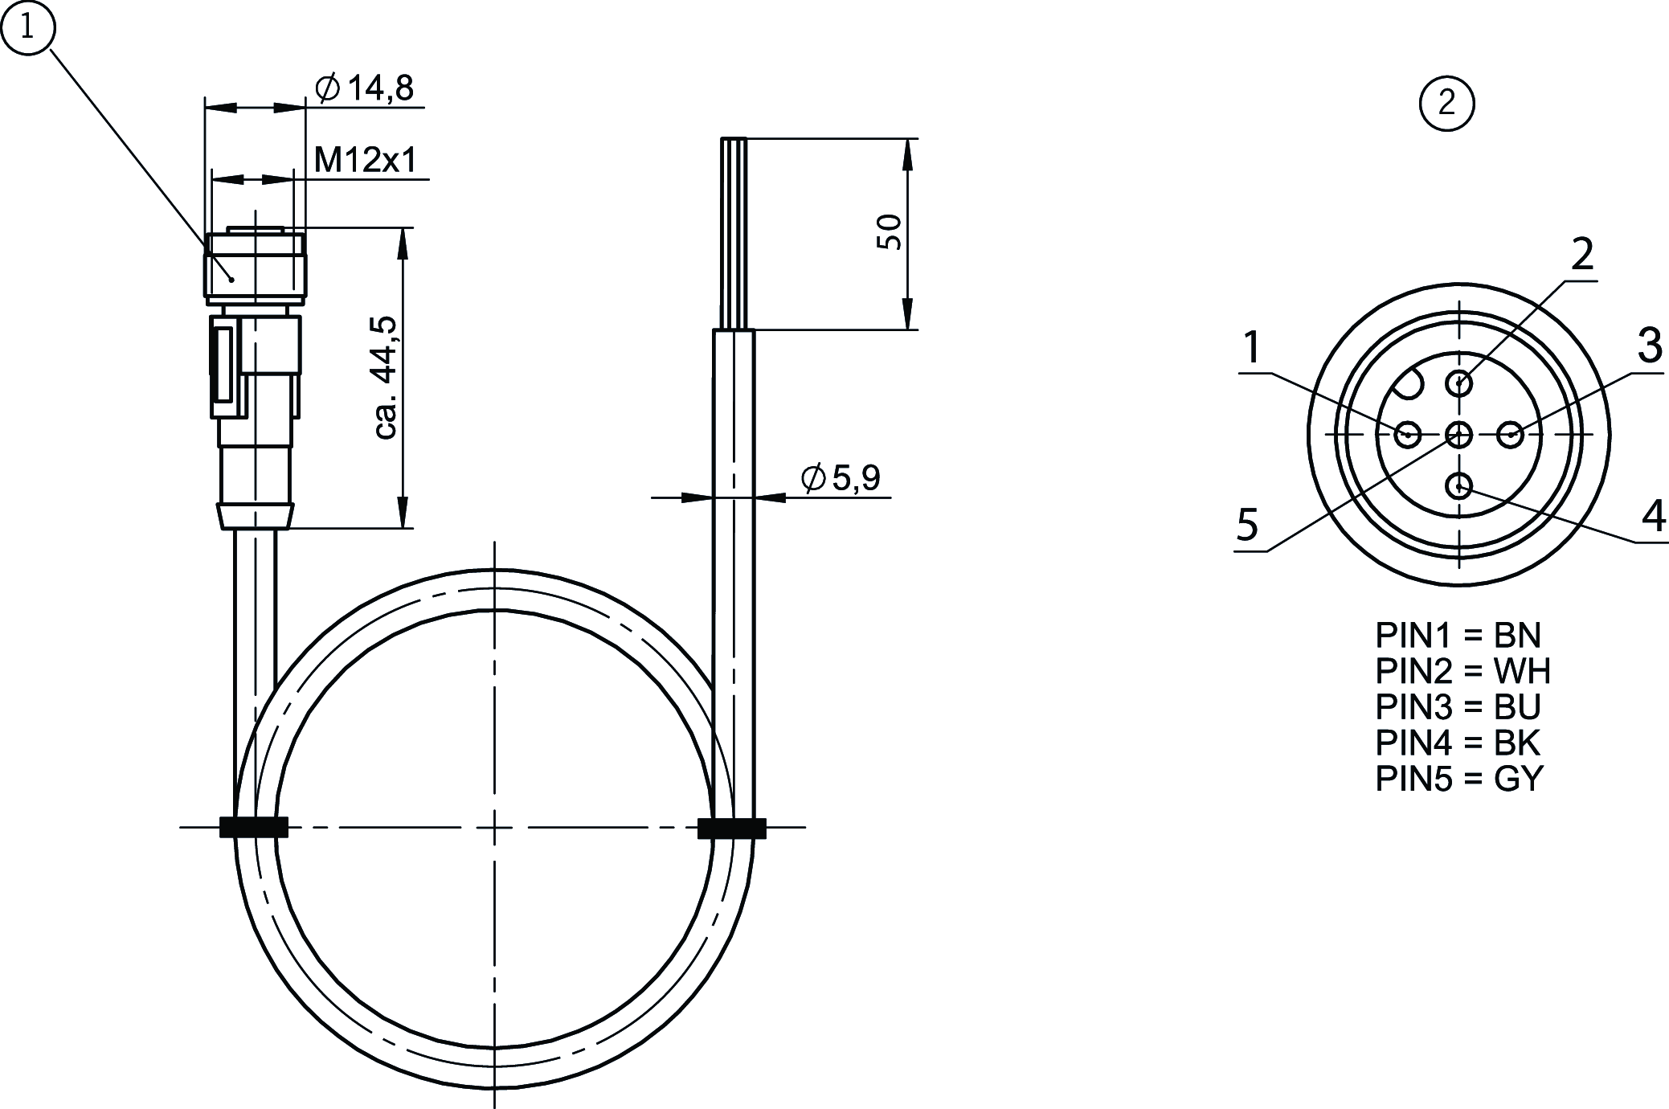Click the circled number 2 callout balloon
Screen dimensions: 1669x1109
tap(1447, 103)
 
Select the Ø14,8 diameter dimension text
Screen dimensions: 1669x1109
tap(365, 88)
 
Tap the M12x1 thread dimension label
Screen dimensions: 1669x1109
tap(366, 160)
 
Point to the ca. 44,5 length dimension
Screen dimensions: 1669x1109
tap(387, 378)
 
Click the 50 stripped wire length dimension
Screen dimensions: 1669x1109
tap(890, 233)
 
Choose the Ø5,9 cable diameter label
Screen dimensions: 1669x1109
tap(841, 478)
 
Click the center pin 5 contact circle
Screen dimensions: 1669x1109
tap(1458, 436)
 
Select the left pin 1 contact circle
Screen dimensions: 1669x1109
tap(1407, 436)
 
